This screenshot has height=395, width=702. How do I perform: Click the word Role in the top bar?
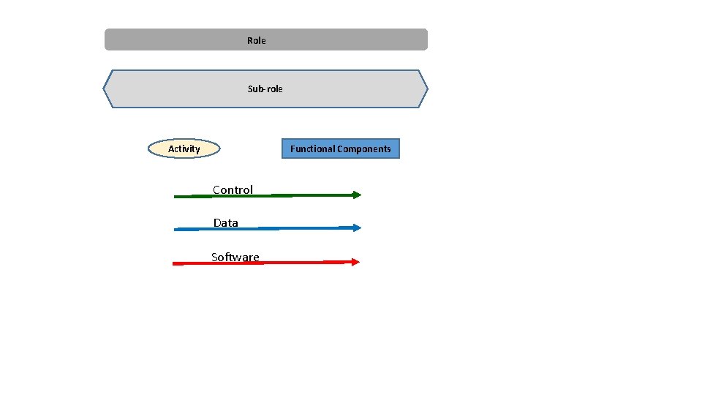tap(256, 40)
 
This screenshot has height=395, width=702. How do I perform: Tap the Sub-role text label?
tap(265, 89)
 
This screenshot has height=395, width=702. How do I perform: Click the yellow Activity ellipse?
tap(184, 148)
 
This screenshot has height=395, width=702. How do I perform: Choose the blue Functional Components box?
tap(340, 148)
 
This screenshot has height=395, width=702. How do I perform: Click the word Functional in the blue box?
tap(311, 148)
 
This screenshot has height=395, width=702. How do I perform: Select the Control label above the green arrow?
tap(233, 189)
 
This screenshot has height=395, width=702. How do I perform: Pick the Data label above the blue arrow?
tap(225, 222)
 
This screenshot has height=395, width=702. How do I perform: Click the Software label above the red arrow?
tap(235, 257)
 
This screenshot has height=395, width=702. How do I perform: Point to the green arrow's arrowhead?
tap(357, 195)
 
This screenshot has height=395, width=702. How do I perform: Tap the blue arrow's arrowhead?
tap(357, 227)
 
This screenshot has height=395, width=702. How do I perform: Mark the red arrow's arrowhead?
tap(355, 261)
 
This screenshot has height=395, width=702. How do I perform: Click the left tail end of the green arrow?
tap(176, 197)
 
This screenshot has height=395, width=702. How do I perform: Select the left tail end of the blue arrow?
tap(176, 230)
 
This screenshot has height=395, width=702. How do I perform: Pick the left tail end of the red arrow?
tap(175, 263)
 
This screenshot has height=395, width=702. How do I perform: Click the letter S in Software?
tap(214, 257)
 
